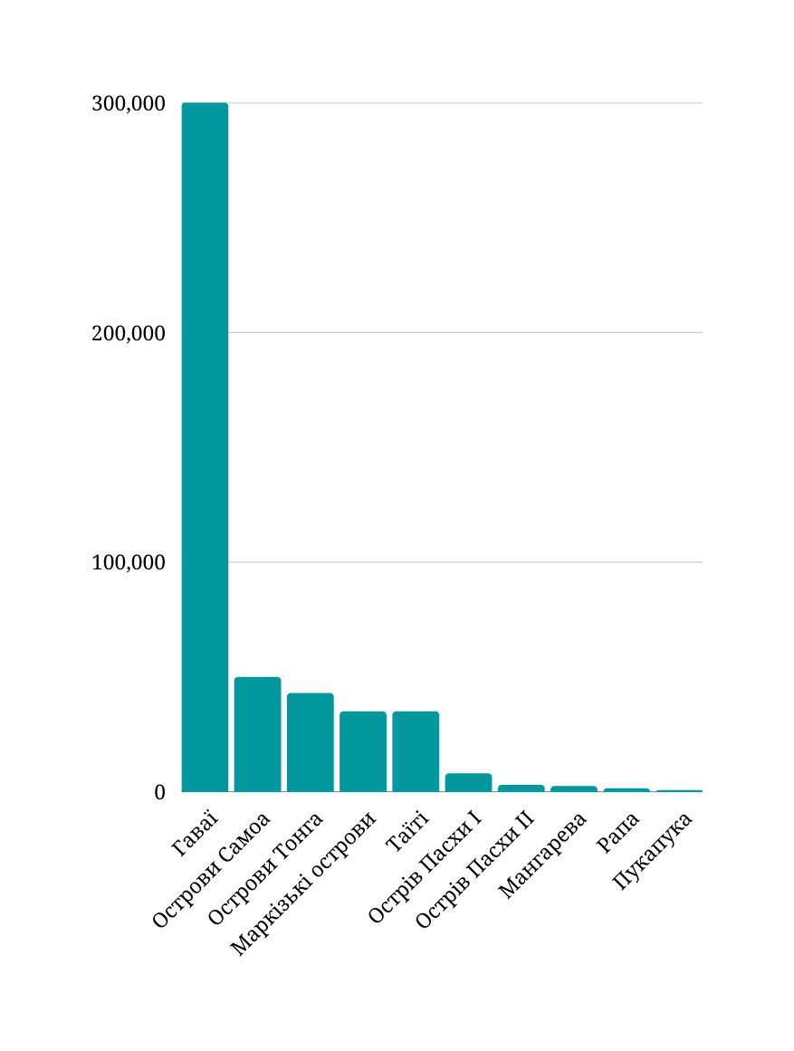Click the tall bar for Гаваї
click(205, 447)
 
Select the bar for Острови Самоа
click(257, 734)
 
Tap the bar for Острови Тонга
click(311, 742)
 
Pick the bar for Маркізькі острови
click(363, 751)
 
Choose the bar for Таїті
click(416, 751)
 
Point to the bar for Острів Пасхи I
click(468, 782)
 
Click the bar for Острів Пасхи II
click(521, 788)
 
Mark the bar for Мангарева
click(574, 788)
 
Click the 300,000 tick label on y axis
click(129, 103)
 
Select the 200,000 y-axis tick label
click(129, 333)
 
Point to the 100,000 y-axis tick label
click(129, 562)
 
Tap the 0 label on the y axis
click(159, 792)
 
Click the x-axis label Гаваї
click(195, 834)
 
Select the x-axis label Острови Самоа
click(212, 870)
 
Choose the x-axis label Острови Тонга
click(265, 869)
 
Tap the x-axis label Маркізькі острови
click(302, 884)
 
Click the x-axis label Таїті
click(407, 832)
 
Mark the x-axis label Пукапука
click(653, 851)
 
